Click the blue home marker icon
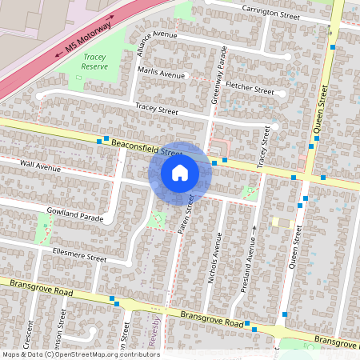180,172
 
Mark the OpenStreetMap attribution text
81,354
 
